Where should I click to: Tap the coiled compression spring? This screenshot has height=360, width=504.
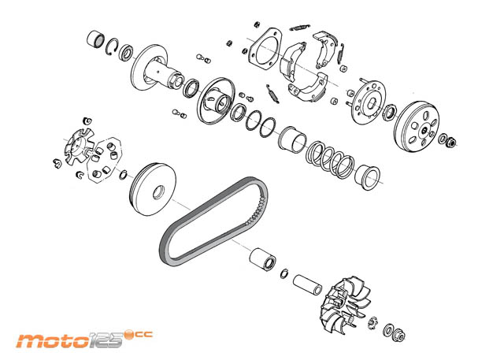[x=330, y=160]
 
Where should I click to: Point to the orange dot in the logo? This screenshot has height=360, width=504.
[x=129, y=335]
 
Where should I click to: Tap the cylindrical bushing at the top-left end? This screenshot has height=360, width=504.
[x=95, y=40]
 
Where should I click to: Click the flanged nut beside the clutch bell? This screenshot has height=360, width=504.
[x=451, y=142]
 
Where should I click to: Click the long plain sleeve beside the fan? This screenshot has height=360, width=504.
[x=308, y=284]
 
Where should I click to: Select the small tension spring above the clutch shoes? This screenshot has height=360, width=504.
[x=300, y=28]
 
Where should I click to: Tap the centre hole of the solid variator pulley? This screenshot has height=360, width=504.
[x=158, y=192]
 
